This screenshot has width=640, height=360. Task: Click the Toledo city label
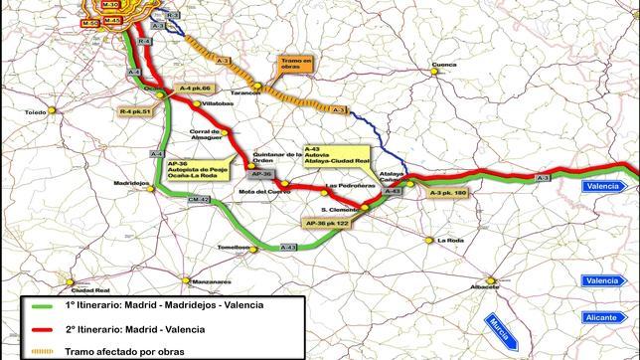[37, 113]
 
